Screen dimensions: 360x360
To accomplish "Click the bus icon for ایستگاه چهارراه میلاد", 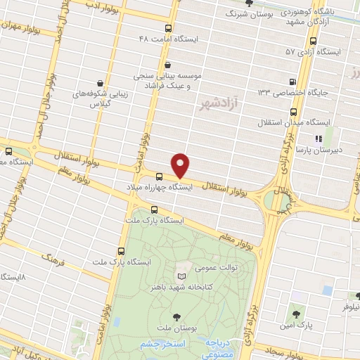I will (x=159, y=176).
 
